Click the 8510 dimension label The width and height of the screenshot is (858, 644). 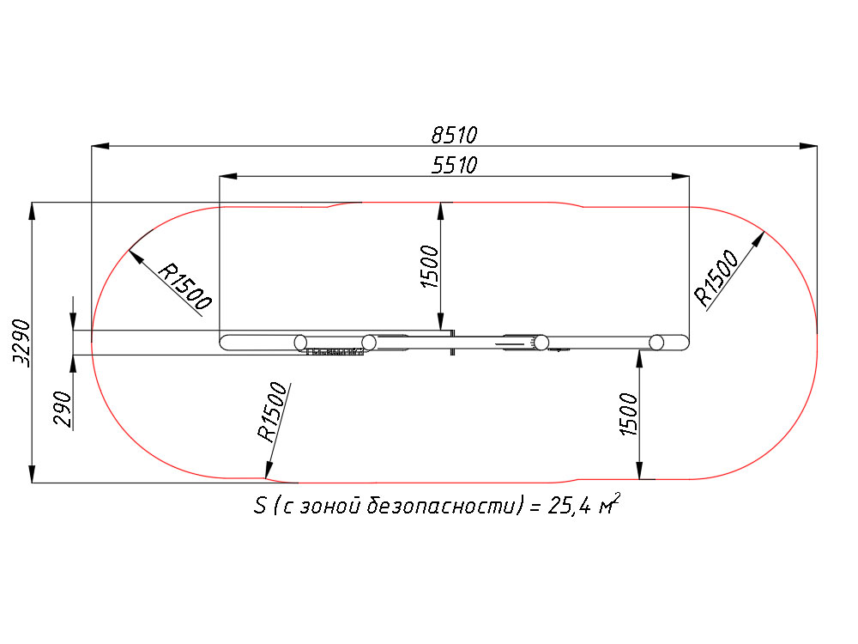pos(454,135)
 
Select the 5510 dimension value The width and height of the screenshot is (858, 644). pos(454,165)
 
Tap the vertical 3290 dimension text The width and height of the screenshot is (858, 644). pos(22,343)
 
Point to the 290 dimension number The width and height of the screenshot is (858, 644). pos(63,409)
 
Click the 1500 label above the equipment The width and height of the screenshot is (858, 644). pos(430,267)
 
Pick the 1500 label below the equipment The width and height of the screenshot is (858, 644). pos(629,415)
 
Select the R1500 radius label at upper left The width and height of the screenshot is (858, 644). pos(184,287)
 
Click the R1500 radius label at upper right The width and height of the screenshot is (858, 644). pos(716,277)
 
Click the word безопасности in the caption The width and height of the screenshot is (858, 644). pos(441,506)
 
